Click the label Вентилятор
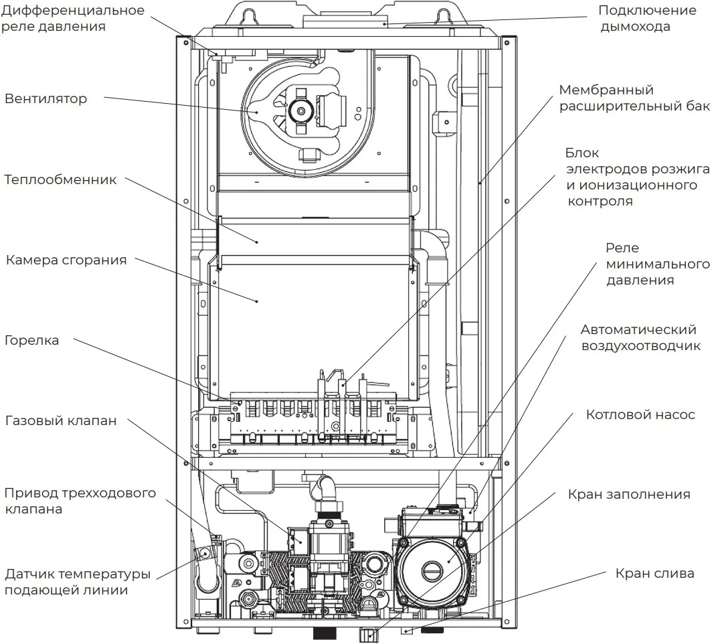(x=46, y=99)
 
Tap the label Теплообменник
(x=60, y=180)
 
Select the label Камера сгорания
(x=66, y=260)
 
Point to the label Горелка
(x=31, y=340)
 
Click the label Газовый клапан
(x=61, y=421)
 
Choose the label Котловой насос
(x=640, y=415)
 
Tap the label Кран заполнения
(x=628, y=495)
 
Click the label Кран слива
(x=654, y=574)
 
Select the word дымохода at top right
(x=635, y=27)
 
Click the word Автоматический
(x=639, y=330)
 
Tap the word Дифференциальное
(x=72, y=11)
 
